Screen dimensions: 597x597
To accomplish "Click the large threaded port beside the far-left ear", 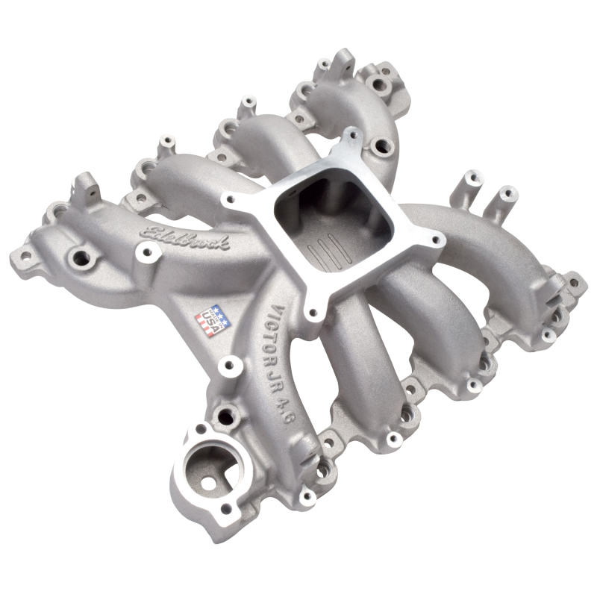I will pos(78,260).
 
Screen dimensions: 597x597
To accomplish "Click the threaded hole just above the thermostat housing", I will pos(223,415).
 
